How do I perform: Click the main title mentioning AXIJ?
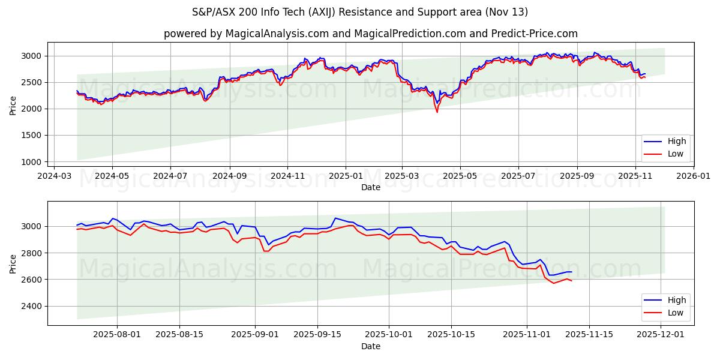pyautogui.click(x=360, y=12)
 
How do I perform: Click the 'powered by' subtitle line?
pyautogui.click(x=370, y=34)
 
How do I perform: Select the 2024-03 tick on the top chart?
pyautogui.click(x=55, y=176)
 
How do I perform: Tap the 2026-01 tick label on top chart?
pyautogui.click(x=693, y=176)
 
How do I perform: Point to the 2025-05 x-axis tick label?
pyautogui.click(x=460, y=176)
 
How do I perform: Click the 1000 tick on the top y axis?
pyautogui.click(x=33, y=162)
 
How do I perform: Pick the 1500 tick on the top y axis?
pyautogui.click(x=33, y=136)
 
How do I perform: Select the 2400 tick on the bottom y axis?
pyautogui.click(x=33, y=306)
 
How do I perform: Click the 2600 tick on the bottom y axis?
pyautogui.click(x=33, y=280)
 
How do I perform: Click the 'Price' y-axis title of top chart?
pyautogui.click(x=13, y=104)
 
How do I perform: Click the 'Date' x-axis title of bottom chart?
pyautogui.click(x=370, y=347)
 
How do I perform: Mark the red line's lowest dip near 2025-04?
pyautogui.click(x=437, y=112)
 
